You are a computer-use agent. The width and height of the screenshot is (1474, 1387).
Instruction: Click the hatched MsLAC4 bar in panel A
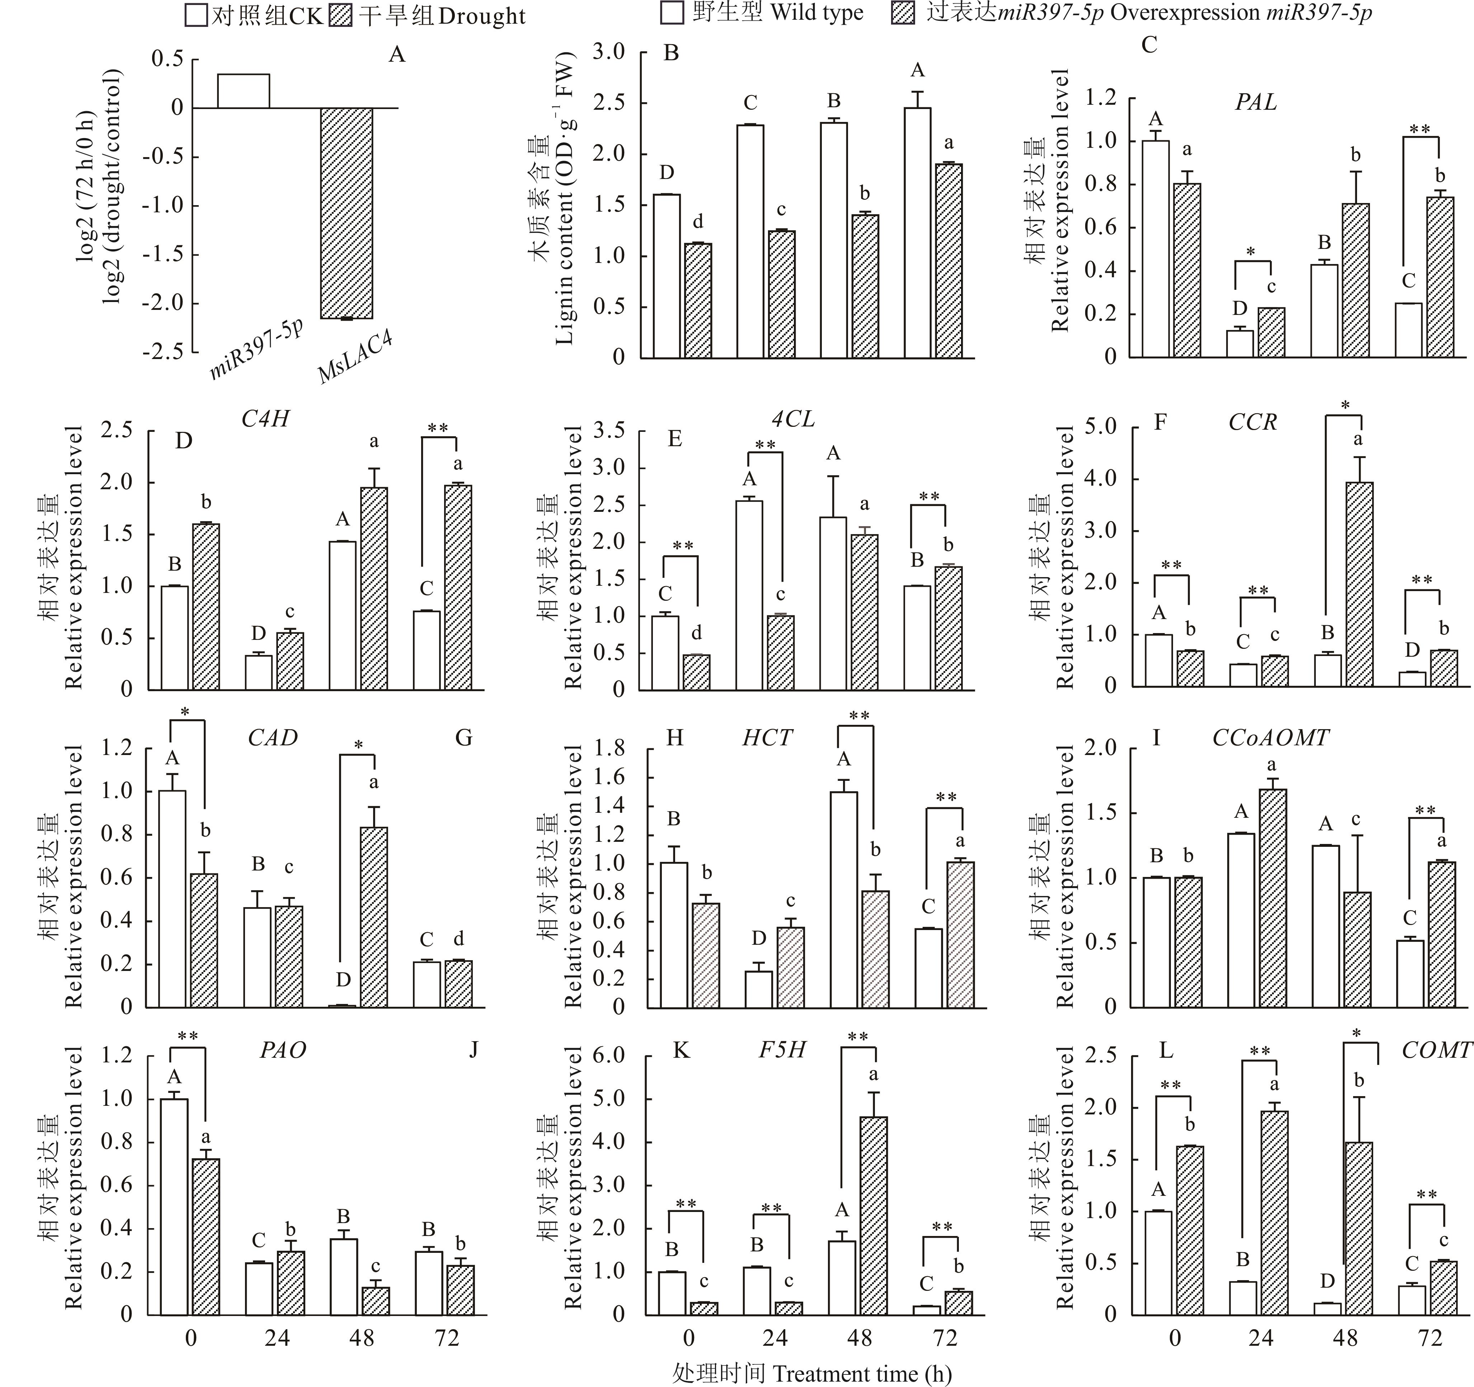coord(346,213)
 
